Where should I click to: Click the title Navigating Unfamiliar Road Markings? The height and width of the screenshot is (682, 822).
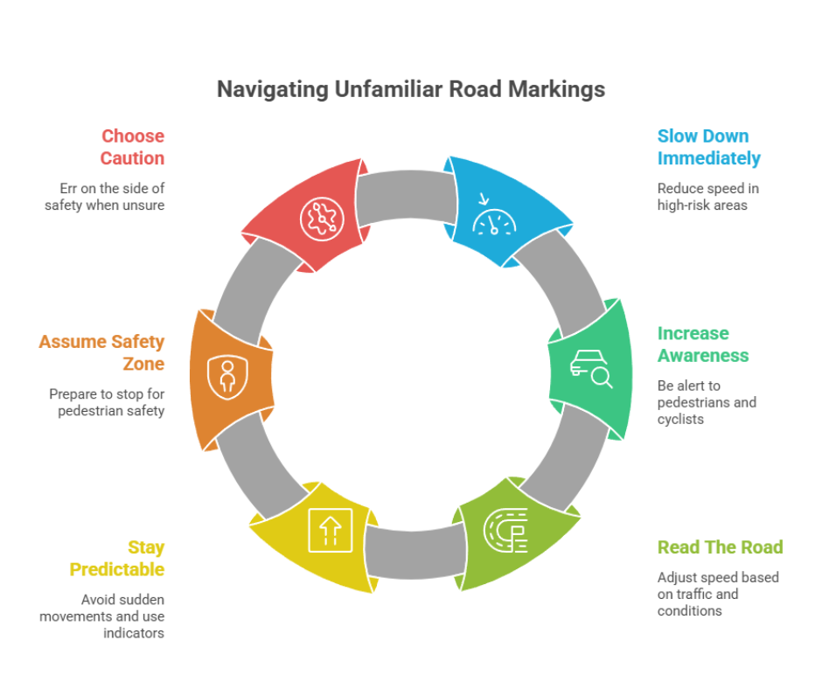point(411,89)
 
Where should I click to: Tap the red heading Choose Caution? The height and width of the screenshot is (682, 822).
point(132,147)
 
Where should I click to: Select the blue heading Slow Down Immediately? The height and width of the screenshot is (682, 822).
point(708,147)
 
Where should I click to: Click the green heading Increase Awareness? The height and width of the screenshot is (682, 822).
point(702,344)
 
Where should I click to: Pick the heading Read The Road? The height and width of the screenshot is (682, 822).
point(720,547)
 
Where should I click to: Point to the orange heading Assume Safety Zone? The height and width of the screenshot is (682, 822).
point(101,352)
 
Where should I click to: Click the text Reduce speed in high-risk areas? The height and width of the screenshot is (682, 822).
point(707,197)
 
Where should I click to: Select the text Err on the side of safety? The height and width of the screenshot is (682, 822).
point(105,197)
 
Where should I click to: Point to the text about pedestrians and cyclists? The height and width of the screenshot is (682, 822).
point(707,402)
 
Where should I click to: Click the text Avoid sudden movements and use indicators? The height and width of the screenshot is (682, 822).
point(101,616)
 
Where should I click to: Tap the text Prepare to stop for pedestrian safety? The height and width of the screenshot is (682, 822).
point(107,402)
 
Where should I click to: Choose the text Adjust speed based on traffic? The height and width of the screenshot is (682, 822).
point(717,594)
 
